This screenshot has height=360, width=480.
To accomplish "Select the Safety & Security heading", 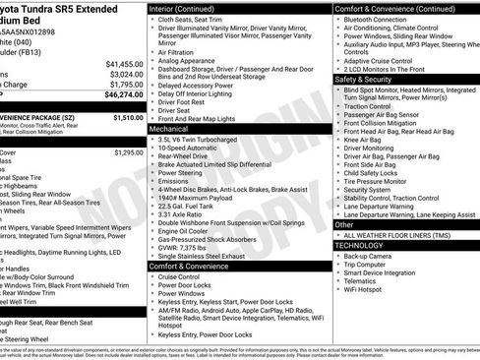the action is point(364,78).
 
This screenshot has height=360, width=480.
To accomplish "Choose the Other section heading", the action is point(344,225).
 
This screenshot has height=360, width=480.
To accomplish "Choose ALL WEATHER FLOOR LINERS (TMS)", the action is point(398,235).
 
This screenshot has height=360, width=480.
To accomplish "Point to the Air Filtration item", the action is point(183,52).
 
